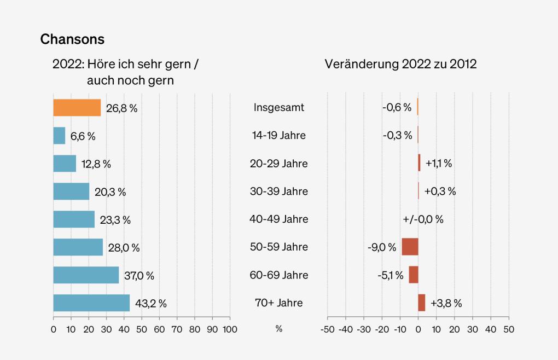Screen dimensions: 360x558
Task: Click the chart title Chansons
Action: pyautogui.click(x=72, y=39)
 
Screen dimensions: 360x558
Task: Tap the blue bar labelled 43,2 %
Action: pyautogui.click(x=91, y=303)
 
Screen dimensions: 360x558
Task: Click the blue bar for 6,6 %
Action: pyautogui.click(x=59, y=136)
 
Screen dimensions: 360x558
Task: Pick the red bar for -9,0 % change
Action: pyautogui.click(x=410, y=247)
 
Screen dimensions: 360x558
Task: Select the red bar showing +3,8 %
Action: pyautogui.click(x=421, y=303)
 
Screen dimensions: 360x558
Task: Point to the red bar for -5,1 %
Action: pyautogui.click(x=414, y=275)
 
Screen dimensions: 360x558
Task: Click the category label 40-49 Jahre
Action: pyautogui.click(x=278, y=219)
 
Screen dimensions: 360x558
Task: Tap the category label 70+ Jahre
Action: pyautogui.click(x=278, y=303)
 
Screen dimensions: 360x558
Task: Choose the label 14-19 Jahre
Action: pyautogui.click(x=278, y=136)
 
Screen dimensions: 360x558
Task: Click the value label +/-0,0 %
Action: pyautogui.click(x=423, y=219)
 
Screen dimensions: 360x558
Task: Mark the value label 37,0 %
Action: pyautogui.click(x=139, y=275)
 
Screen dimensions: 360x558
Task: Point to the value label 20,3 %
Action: pyautogui.click(x=110, y=192)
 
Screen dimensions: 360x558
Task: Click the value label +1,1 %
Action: pyautogui.click(x=438, y=164)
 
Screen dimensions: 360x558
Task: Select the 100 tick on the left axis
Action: pyautogui.click(x=230, y=329)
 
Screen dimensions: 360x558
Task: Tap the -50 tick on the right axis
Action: pyautogui.click(x=327, y=329)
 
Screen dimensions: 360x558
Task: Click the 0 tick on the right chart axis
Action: pyautogui.click(x=418, y=329)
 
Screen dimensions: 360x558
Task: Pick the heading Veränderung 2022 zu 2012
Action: pyautogui.click(x=400, y=64)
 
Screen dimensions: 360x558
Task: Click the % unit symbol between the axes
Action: pyautogui.click(x=278, y=329)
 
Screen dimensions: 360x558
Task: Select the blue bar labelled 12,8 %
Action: pyautogui.click(x=65, y=164)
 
